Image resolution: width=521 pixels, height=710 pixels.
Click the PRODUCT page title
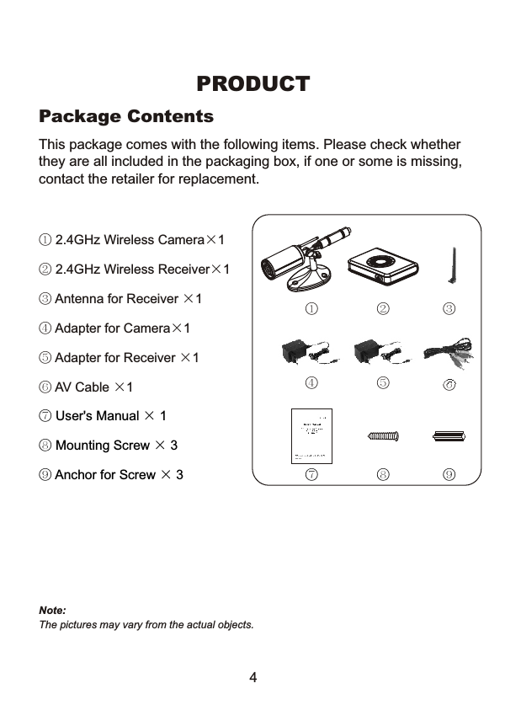tap(253, 84)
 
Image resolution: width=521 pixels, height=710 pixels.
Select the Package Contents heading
tap(126, 115)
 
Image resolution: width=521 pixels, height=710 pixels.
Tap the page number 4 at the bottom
tap(253, 678)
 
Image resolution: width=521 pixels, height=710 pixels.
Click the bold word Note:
tap(52, 609)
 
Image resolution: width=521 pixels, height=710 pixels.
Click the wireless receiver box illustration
tap(383, 266)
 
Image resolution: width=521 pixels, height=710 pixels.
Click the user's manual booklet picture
tap(311, 435)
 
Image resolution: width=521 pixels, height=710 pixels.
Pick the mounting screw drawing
tap(384, 435)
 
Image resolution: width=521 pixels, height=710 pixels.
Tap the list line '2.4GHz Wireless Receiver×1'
tap(135, 270)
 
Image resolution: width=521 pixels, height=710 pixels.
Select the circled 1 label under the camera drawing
tap(311, 308)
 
